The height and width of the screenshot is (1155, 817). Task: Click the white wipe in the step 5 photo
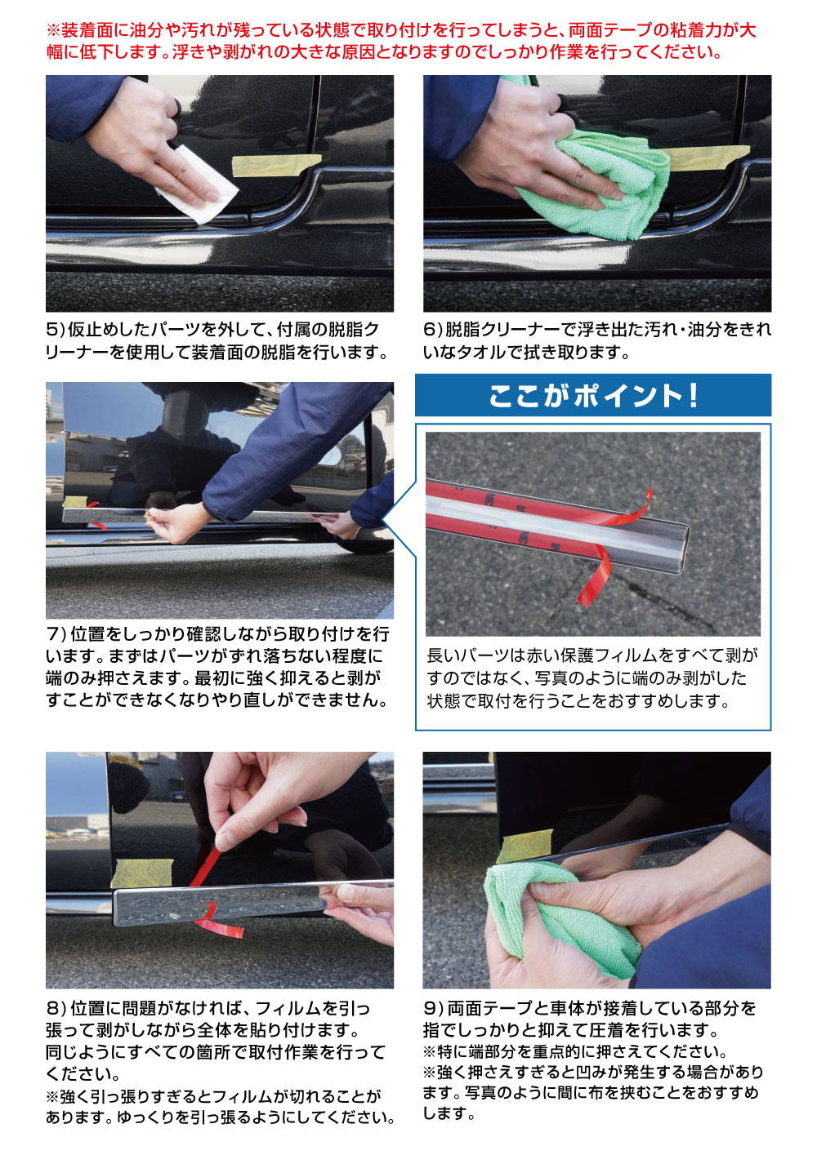(199, 185)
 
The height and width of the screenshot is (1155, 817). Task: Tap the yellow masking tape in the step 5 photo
(276, 165)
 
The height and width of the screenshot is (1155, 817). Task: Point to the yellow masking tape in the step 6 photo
(707, 158)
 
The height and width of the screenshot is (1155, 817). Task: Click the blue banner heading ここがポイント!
(593, 396)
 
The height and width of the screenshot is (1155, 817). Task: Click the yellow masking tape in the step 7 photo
(74, 502)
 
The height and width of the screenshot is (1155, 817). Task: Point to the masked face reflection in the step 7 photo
(184, 412)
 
